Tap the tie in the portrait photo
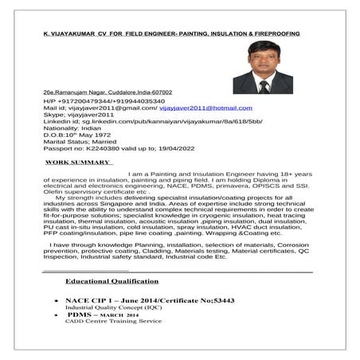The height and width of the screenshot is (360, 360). (262, 87)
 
